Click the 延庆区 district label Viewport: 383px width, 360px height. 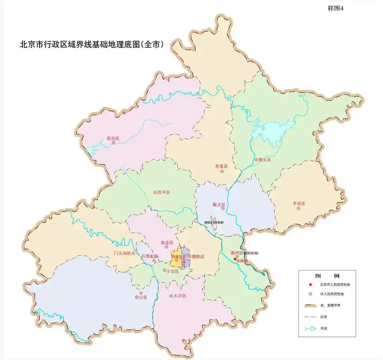pyautogui.click(x=112, y=138)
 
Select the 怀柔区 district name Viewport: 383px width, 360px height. pyautogui.click(x=222, y=166)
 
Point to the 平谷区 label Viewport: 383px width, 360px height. pyautogui.click(x=298, y=203)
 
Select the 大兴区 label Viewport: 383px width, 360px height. pyautogui.click(x=179, y=296)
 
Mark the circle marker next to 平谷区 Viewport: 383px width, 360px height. pyautogui.click(x=298, y=208)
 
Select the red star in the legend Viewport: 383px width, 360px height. pyautogui.click(x=310, y=284)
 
